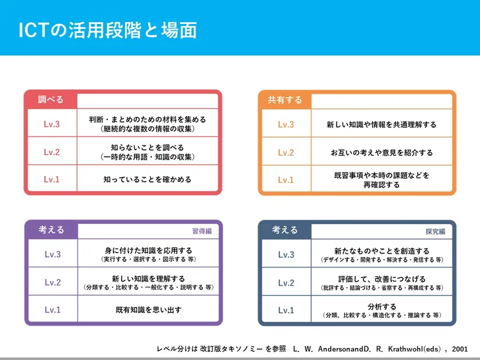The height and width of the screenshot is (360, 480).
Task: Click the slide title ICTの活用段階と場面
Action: (x=107, y=30)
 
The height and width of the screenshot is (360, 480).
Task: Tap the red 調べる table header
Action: (x=51, y=99)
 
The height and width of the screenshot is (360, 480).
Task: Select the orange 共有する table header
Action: (x=285, y=100)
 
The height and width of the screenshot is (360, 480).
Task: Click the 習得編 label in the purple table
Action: (x=202, y=231)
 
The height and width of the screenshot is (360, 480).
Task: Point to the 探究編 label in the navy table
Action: (x=435, y=231)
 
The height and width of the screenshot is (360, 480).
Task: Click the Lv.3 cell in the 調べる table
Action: (x=52, y=124)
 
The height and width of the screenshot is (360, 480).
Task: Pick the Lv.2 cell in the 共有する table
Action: (x=286, y=153)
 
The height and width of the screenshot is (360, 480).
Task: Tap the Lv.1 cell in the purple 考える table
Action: (x=53, y=310)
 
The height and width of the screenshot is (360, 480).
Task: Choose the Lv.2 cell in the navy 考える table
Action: (x=286, y=282)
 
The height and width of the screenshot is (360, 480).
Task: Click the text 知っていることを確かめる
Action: (x=147, y=179)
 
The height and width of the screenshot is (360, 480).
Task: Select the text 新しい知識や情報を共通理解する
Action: (x=382, y=125)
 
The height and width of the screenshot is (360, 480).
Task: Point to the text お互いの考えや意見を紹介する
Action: (x=382, y=153)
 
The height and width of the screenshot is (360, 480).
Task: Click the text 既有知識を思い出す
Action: (x=149, y=310)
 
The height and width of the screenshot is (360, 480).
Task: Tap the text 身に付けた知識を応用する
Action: (x=149, y=251)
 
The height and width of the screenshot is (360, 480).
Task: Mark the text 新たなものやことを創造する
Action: (x=382, y=251)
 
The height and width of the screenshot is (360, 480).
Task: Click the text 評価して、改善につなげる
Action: (x=382, y=279)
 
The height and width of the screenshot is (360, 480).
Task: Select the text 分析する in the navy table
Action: (x=382, y=306)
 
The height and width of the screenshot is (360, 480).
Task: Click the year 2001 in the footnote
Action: (x=460, y=349)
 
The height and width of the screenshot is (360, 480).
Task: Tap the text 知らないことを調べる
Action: (x=147, y=147)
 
